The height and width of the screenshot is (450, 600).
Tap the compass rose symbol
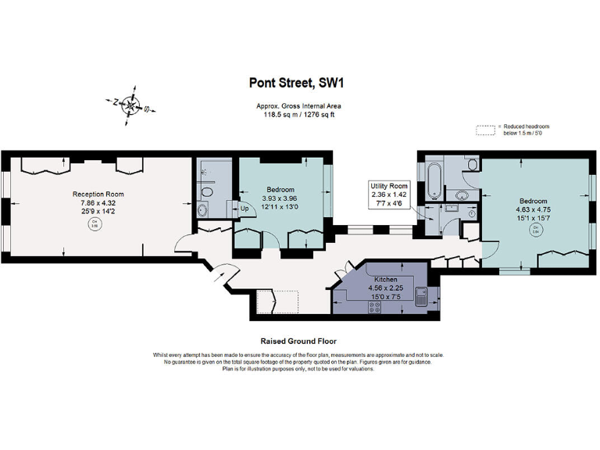[x=133, y=107]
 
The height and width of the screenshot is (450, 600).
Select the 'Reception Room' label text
[x=98, y=194]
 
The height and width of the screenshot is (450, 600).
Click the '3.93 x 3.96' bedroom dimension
[x=280, y=198]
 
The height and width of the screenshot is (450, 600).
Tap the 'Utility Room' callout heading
[x=388, y=185]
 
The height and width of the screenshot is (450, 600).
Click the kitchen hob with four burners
[x=373, y=306]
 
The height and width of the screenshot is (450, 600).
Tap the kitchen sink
[x=420, y=296]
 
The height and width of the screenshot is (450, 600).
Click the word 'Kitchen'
[x=386, y=279]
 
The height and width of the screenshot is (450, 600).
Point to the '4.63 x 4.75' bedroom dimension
[x=534, y=209]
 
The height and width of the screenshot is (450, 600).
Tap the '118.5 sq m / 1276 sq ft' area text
[x=298, y=115]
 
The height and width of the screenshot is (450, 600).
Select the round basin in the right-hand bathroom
[x=462, y=195]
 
